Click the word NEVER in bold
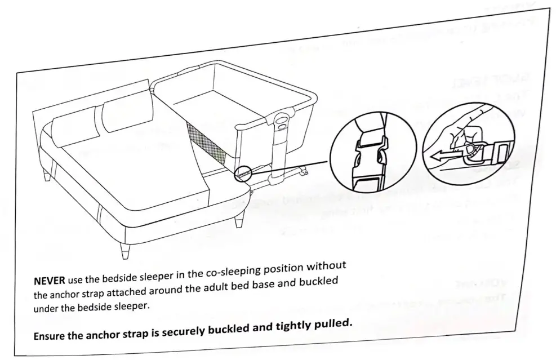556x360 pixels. (x=50, y=281)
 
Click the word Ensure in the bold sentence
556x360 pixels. (x=51, y=336)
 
